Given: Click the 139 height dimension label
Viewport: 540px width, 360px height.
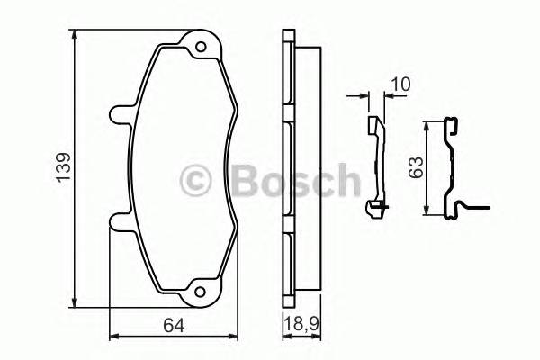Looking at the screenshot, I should tap(60, 166).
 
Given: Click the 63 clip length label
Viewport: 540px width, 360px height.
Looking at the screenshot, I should tap(415, 167).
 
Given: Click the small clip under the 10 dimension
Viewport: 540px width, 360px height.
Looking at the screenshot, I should tap(376, 166).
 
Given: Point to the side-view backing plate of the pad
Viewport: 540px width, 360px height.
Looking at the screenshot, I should tap(288, 167).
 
